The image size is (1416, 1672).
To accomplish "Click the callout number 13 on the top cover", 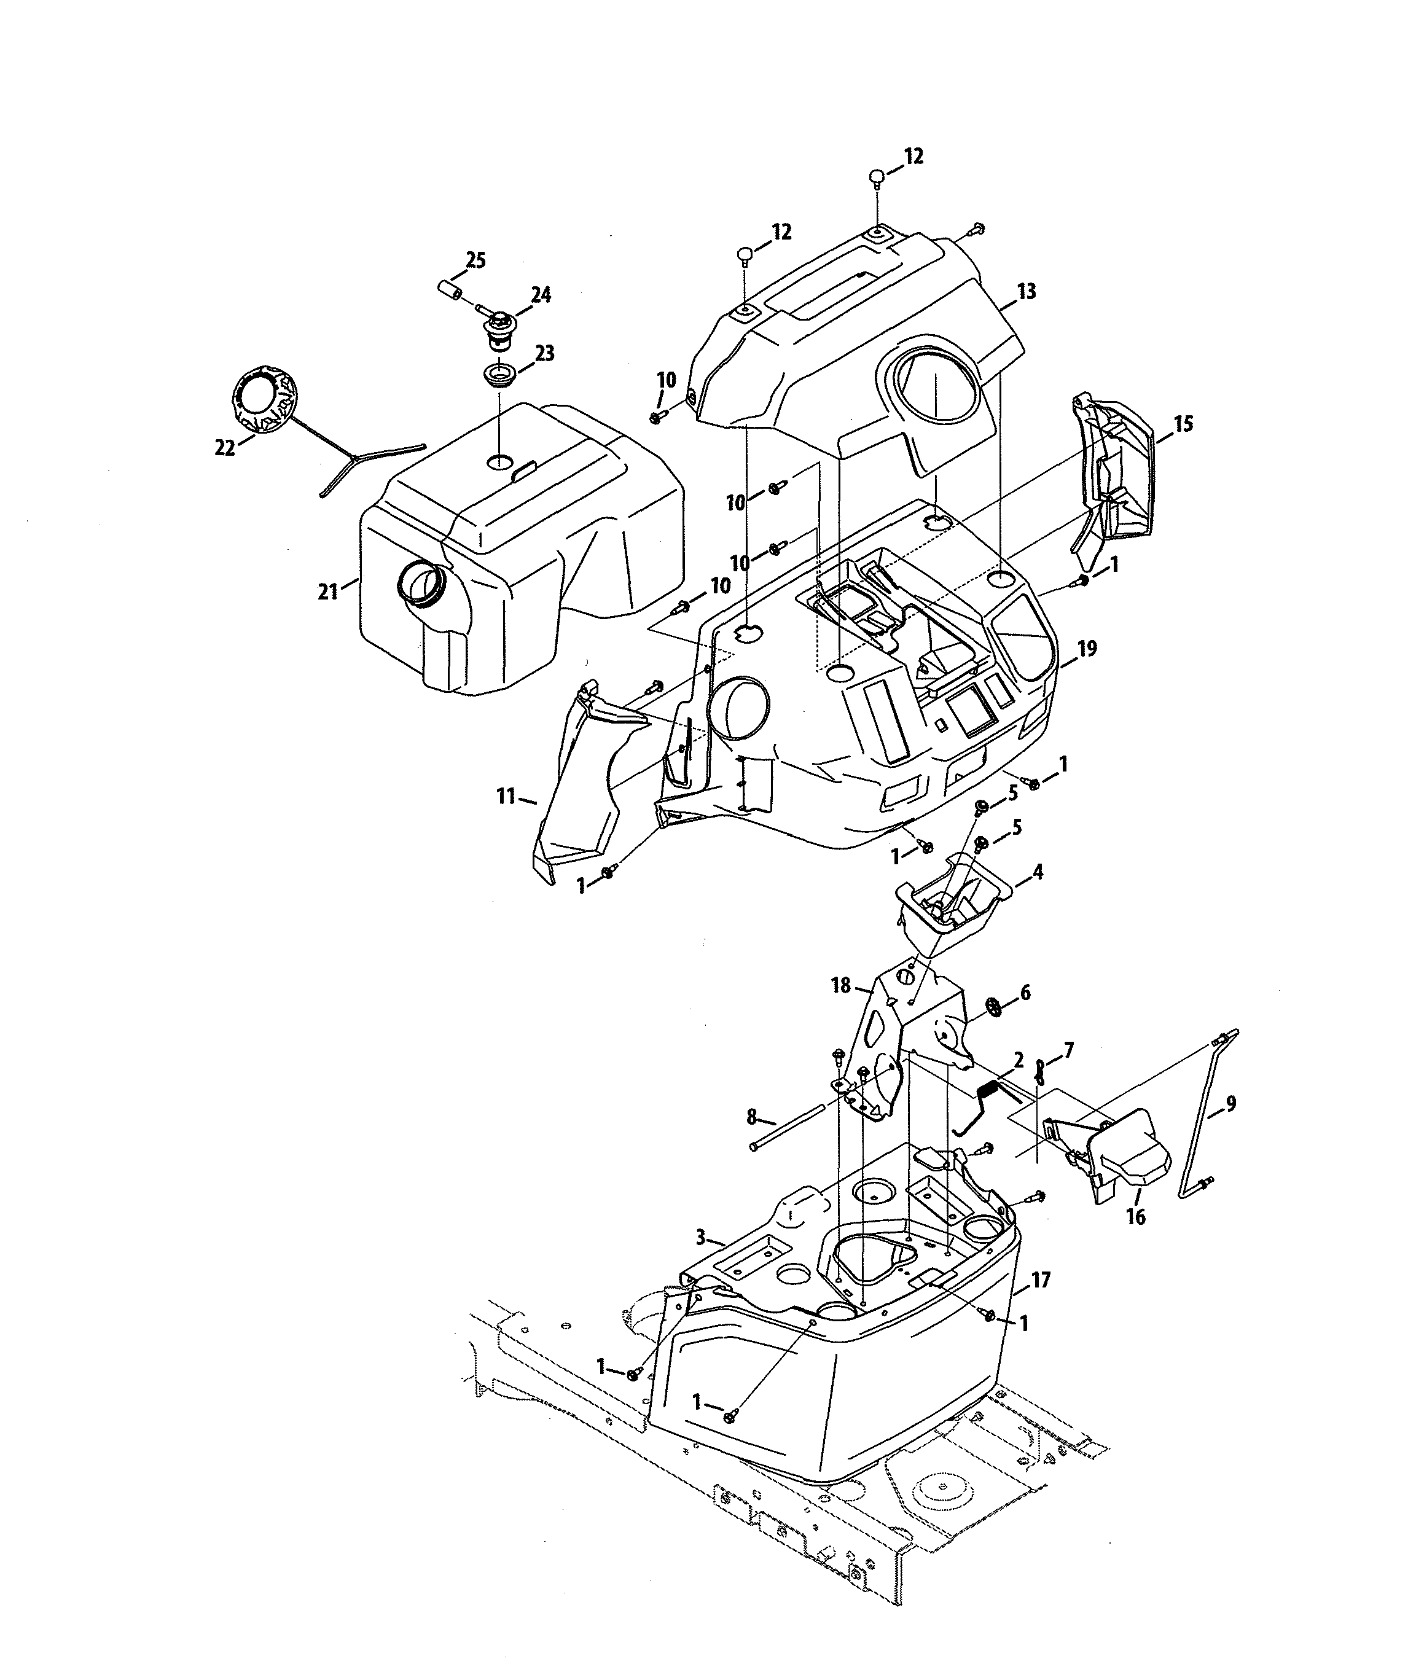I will [x=1027, y=291].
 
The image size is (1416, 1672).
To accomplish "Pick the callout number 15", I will [x=1184, y=424].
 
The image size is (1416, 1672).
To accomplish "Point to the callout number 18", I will [x=840, y=986].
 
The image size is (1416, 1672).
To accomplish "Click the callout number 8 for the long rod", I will [x=751, y=1115].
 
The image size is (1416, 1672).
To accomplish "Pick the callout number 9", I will [x=1230, y=1104].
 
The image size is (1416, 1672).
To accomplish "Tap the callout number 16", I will [x=1136, y=1217].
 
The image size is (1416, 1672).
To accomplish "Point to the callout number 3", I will [x=701, y=1238].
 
